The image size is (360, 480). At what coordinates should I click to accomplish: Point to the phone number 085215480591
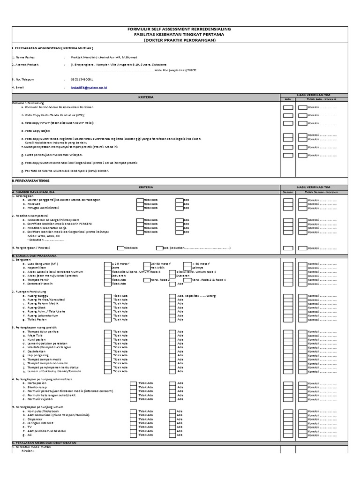[82, 79]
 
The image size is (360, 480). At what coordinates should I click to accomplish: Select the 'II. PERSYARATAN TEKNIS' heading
[30, 180]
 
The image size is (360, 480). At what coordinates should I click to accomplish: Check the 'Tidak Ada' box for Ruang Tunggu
[107, 296]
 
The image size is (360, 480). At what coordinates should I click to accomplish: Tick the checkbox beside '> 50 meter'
[187, 264]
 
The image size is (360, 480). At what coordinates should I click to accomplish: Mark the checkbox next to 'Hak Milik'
[147, 268]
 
